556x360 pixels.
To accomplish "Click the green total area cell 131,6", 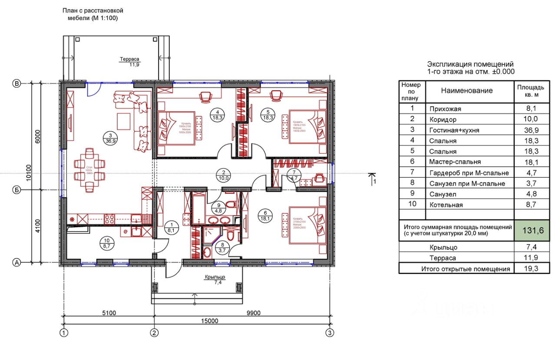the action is (x=529, y=231).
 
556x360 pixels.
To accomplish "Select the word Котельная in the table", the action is (x=446, y=205).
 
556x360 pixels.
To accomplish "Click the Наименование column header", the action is (x=467, y=91).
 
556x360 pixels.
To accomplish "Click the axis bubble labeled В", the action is (x=17, y=84).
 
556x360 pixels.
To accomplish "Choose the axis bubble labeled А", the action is (x=17, y=262).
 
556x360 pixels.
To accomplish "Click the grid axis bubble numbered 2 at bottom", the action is (x=154, y=333).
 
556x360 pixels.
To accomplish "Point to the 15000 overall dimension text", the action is (x=209, y=321).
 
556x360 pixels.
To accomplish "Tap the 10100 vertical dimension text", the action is (x=29, y=173).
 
